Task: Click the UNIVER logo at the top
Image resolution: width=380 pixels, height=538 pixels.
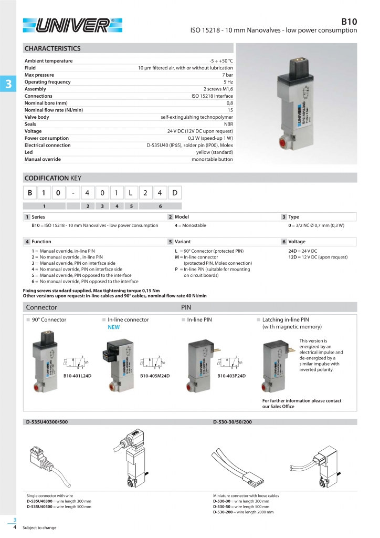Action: pyautogui.click(x=72, y=25)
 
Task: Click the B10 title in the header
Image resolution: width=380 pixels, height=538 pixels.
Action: pyautogui.click(x=349, y=22)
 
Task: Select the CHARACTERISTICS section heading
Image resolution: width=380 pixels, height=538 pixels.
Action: pyautogui.click(x=52, y=48)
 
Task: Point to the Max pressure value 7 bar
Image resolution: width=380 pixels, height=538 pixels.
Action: pyautogui.click(x=227, y=75)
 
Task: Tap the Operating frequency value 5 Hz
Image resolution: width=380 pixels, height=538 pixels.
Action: pyautogui.click(x=228, y=82)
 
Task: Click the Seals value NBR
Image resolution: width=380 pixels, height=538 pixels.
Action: pyautogui.click(x=228, y=124)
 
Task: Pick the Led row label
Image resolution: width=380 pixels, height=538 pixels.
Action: pyautogui.click(x=28, y=152)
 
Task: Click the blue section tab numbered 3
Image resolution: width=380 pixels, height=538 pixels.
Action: pyautogui.click(x=8, y=84)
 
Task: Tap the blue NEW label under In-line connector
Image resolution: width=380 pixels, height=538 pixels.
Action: pyautogui.click(x=114, y=327)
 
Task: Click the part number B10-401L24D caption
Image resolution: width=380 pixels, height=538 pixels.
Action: pyautogui.click(x=78, y=376)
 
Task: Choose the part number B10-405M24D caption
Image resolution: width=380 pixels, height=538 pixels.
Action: pyautogui.click(x=155, y=376)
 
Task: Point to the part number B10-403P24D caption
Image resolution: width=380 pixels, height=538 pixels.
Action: pyautogui.click(x=232, y=376)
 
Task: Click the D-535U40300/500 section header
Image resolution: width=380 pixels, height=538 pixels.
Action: pyautogui.click(x=47, y=421)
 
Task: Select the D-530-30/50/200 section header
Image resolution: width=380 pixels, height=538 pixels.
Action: pyautogui.click(x=233, y=421)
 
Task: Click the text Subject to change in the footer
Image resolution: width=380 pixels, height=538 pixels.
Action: pyautogui.click(x=39, y=527)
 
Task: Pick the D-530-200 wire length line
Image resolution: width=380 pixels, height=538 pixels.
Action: pyautogui.click(x=243, y=511)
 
